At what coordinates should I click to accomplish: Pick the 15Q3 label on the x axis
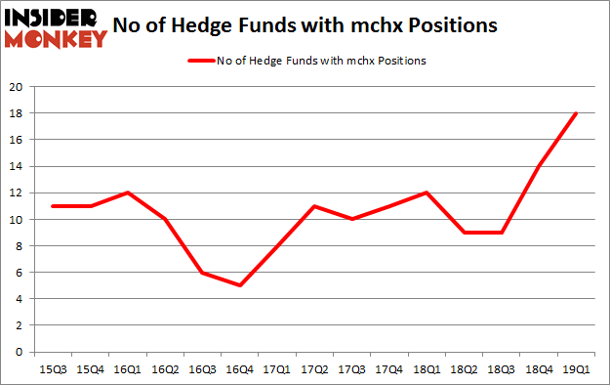coord(54,369)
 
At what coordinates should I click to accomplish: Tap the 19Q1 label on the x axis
coord(576,369)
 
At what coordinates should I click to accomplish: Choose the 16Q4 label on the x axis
coord(240,369)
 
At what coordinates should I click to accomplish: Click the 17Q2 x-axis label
coord(314,369)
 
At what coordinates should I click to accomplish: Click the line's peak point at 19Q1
coord(576,113)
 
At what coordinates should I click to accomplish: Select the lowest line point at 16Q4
coord(240,285)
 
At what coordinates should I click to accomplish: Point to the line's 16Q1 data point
coord(128,193)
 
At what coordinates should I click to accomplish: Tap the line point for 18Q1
coord(427,193)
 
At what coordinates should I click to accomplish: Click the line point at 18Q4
coord(539,166)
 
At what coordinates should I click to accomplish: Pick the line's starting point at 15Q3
coord(54,206)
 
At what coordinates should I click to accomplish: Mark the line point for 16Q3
coord(203,273)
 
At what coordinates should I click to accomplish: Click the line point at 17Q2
coord(314,206)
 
